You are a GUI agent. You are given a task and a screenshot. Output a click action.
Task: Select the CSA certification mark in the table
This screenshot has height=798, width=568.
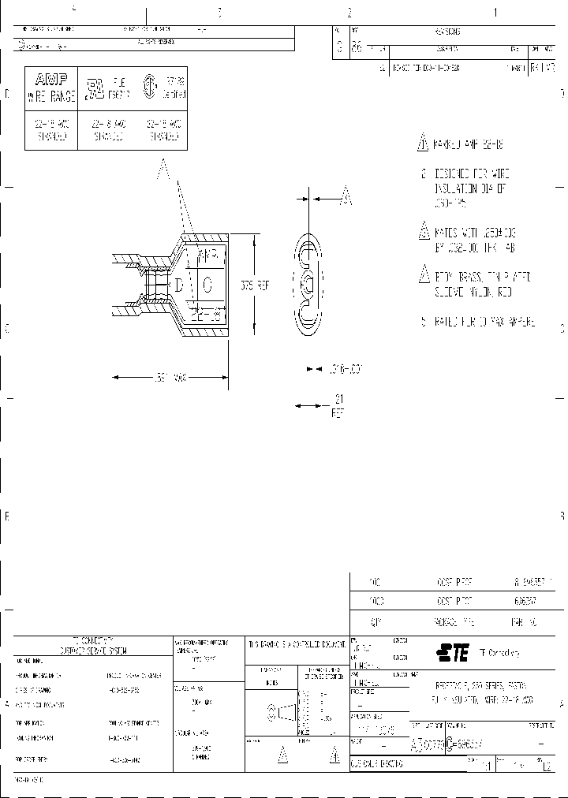pos(147,85)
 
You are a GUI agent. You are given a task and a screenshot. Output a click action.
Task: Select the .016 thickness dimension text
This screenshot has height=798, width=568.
pos(343,368)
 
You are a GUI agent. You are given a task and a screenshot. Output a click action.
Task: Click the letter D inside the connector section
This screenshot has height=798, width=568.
pos(179,284)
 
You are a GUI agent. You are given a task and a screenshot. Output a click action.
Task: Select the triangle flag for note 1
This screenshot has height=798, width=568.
pos(422,144)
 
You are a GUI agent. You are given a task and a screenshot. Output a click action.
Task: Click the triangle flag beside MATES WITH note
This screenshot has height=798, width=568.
pos(422,233)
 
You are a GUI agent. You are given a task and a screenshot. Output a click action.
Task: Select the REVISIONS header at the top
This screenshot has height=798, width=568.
pos(447,32)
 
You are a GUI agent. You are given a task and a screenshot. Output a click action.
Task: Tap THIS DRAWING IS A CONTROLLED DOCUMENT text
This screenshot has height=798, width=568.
pos(297,643)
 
